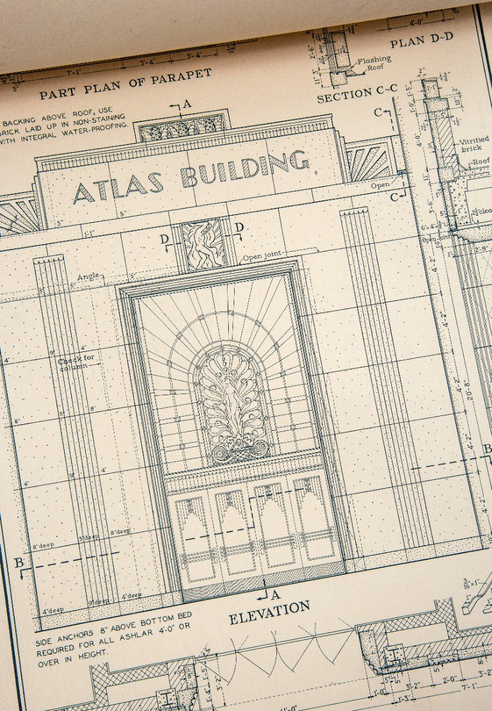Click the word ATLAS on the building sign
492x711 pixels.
click(118, 186)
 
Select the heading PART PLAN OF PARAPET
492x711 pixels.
click(125, 84)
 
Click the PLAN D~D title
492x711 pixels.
click(421, 40)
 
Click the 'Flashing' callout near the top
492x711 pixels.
click(374, 60)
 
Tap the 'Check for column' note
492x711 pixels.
click(76, 361)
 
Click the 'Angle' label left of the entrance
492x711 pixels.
click(88, 277)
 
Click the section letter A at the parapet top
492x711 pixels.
click(187, 104)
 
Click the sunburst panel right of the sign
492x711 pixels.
click(369, 161)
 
